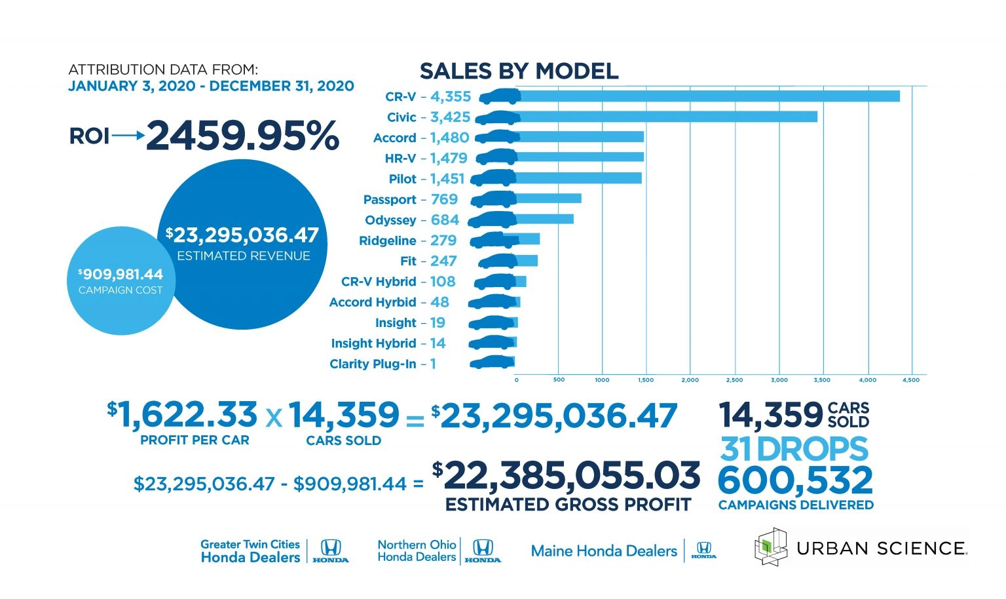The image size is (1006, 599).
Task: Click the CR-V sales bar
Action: click(707, 96)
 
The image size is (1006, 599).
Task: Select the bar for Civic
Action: click(668, 117)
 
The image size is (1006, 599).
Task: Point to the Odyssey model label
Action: click(390, 220)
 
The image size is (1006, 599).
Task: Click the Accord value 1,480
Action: click(449, 138)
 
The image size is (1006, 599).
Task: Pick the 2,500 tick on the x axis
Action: click(735, 380)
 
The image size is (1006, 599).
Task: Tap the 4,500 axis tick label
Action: click(911, 380)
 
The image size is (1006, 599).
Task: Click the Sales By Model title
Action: click(519, 71)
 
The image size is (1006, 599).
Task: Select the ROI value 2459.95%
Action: click(242, 136)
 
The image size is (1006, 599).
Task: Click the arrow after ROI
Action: click(128, 136)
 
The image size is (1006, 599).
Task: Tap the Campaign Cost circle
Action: click(120, 280)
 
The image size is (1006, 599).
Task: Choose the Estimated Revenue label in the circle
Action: click(244, 256)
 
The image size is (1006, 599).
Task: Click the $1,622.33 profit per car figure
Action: click(183, 415)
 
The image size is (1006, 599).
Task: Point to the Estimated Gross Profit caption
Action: click(568, 505)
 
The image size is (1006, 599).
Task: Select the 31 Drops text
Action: click(794, 449)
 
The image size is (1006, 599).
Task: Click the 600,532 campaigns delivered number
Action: click(795, 480)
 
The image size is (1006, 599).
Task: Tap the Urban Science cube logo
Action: click(771, 547)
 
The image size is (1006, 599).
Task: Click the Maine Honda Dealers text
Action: click(604, 551)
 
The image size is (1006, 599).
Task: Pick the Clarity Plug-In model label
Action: click(373, 364)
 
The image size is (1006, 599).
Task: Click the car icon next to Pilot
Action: click(493, 178)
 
